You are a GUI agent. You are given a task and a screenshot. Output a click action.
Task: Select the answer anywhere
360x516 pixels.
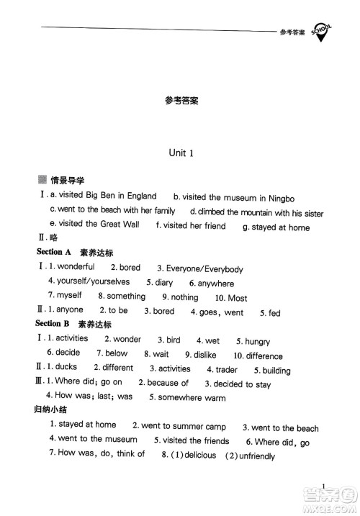tap(216, 284)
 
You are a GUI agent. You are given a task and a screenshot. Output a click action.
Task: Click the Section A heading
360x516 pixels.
tap(53, 253)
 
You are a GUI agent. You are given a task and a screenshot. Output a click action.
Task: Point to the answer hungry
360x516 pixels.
tap(257, 341)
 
